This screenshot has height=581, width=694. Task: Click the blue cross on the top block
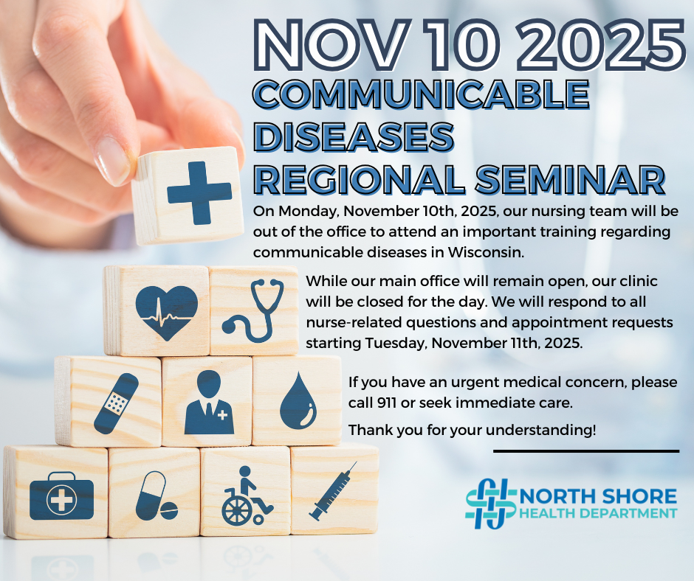point(199,192)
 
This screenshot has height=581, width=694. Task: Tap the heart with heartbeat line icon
point(166,313)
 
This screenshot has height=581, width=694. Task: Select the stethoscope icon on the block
point(253,310)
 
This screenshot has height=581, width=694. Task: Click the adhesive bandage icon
point(117,403)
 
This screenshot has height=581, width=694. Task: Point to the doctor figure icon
point(209,403)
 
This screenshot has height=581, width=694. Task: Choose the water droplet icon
point(298,400)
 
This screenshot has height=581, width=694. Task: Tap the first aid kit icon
point(61,495)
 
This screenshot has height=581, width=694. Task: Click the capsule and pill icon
point(156,495)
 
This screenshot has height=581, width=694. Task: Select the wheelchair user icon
point(246,495)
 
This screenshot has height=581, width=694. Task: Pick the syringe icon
point(333,491)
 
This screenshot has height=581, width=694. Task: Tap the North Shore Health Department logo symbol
point(491,503)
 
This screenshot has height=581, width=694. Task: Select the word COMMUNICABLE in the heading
point(422,94)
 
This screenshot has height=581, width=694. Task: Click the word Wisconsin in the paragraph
point(486,252)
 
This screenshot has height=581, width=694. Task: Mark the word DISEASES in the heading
point(354,137)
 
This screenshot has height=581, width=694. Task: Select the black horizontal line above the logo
point(586,451)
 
